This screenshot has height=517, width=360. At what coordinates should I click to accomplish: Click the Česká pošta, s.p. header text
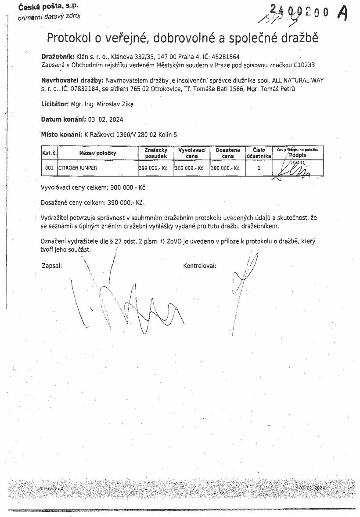(x=43, y=8)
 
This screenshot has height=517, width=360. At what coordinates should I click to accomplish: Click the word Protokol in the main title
(x=69, y=38)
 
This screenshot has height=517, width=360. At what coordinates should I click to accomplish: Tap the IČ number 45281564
(x=225, y=57)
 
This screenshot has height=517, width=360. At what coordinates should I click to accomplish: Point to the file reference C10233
(x=306, y=65)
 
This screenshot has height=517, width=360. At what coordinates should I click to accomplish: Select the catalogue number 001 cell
(x=49, y=168)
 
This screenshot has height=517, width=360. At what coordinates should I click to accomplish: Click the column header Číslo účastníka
(x=259, y=153)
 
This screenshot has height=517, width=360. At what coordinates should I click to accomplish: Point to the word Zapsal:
(x=51, y=266)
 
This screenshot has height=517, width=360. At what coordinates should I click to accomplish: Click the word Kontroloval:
(x=200, y=266)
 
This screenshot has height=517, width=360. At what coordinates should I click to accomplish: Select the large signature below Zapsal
(x=132, y=307)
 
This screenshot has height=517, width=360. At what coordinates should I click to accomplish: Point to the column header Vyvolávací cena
(x=192, y=153)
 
